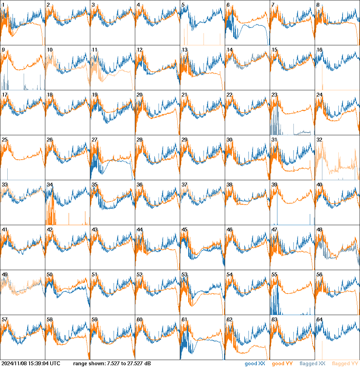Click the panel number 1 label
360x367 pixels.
tap(3, 5)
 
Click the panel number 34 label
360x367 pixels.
tap(49, 185)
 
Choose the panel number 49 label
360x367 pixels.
tap(5, 275)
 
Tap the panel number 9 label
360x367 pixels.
tap(3, 50)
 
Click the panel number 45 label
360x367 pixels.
tap(184, 230)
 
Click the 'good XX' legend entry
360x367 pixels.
tap(255, 364)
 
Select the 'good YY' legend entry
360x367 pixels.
tap(282, 364)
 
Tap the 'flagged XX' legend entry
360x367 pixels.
tap(312, 364)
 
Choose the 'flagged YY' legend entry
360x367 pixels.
tap(345, 364)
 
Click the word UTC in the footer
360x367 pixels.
tap(55, 364)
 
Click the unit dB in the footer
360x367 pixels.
tap(148, 364)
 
